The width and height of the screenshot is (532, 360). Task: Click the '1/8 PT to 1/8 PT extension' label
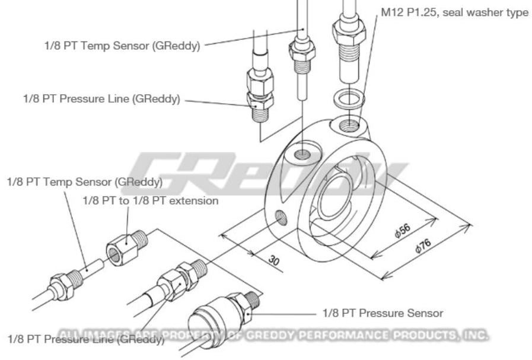point(150,200)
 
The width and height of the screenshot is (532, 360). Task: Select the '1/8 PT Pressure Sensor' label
point(383,313)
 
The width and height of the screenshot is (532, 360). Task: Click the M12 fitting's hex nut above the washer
point(348,27)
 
